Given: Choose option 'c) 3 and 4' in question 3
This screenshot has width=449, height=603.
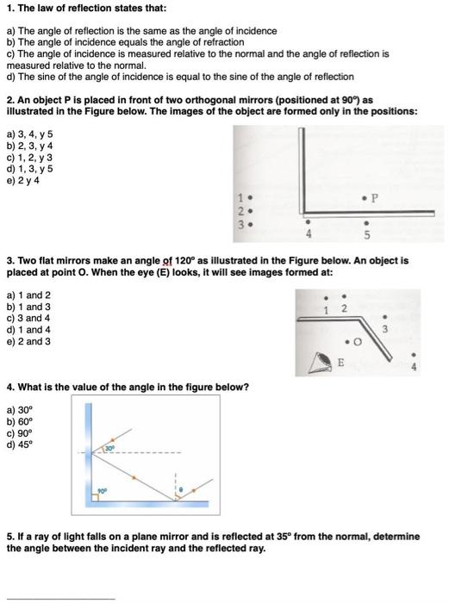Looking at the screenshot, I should (28, 317).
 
